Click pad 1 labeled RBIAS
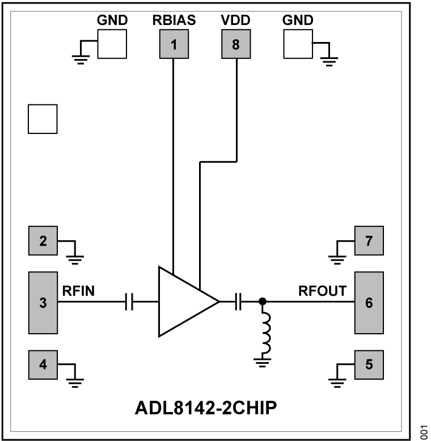coord(174,44)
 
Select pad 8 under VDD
coord(235,44)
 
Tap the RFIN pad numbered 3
coord(43,303)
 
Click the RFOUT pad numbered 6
coord(369,303)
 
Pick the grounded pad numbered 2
coord(43,242)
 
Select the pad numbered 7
coord(369,241)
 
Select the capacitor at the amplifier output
coord(239,303)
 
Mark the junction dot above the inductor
coord(262,302)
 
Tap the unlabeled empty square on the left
coord(43,119)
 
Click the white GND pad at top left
coord(112,44)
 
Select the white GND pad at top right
coord(297,44)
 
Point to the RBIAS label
coord(174,20)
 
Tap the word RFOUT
coord(323,291)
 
